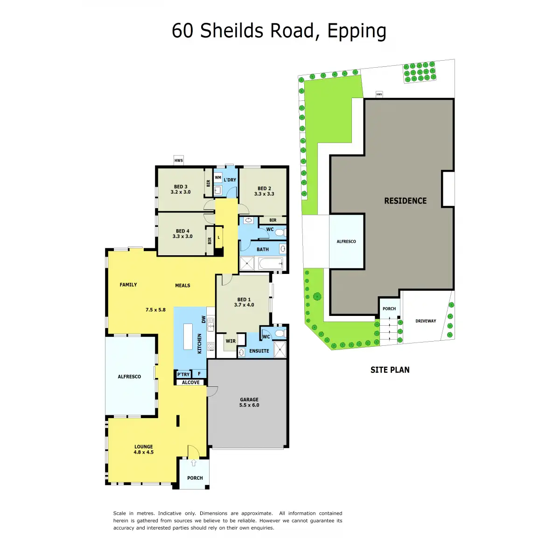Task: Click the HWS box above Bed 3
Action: (178, 160)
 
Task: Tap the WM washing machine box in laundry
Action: (217, 177)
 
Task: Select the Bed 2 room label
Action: (264, 191)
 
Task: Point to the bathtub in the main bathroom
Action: (270, 264)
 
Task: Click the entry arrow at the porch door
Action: (194, 462)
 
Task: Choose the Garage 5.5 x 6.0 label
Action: (249, 402)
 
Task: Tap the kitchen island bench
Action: (188, 336)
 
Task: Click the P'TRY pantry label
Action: (183, 374)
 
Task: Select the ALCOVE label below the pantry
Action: (191, 382)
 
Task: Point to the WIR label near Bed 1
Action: (231, 341)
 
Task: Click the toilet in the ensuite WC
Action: (280, 333)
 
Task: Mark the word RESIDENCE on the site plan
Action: (405, 201)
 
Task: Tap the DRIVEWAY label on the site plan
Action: (426, 321)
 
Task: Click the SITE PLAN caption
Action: (390, 370)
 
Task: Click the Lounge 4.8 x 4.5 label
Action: (144, 449)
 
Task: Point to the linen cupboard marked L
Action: (219, 238)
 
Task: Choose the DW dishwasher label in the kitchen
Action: (204, 319)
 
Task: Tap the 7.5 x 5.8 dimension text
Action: (155, 310)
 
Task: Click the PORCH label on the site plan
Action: (389, 308)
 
